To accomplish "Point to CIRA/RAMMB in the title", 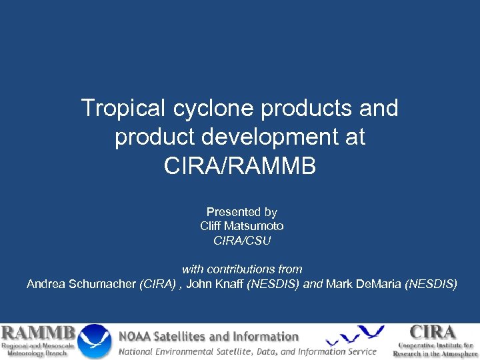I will tap(240, 166).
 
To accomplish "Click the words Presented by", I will tap(241, 212).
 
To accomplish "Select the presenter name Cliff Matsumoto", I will tap(241, 226).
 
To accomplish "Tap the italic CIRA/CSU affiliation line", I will tap(241, 241).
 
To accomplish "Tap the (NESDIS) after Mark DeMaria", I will tap(431, 284).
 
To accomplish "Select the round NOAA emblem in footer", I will tap(95, 341).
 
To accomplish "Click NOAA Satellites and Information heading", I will tap(209, 337).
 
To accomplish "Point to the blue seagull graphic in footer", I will tap(353, 336).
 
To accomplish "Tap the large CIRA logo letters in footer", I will tap(433, 332).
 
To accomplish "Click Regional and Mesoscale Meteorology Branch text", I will tap(38, 349).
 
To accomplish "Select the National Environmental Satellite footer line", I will tap(247, 351).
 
